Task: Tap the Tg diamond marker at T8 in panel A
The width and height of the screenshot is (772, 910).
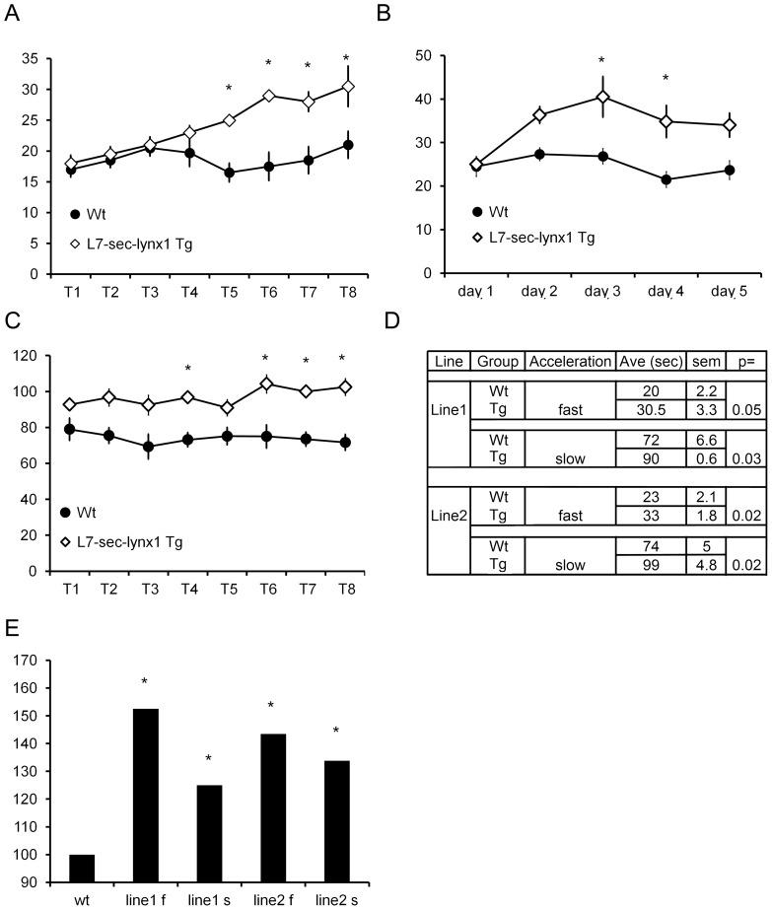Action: pyautogui.click(x=348, y=87)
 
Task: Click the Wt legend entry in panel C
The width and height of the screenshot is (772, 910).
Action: pyautogui.click(x=85, y=512)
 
